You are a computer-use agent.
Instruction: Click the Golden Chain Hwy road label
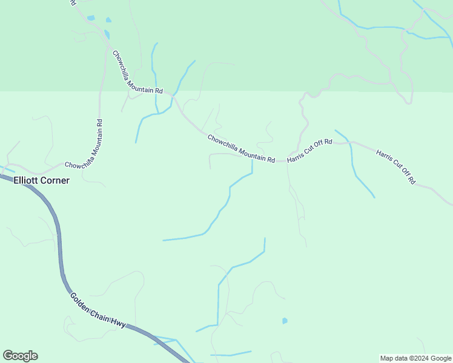[98, 310]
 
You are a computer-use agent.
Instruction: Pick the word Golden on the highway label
[80, 301]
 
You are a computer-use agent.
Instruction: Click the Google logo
[20, 356]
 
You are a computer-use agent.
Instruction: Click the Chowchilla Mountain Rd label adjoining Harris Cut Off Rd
[241, 148]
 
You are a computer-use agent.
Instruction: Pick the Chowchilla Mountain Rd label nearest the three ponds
[137, 71]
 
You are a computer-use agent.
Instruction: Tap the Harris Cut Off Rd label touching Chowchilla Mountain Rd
[309, 151]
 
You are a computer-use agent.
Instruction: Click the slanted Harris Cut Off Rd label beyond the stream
[395, 166]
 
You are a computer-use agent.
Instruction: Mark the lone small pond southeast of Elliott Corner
[285, 321]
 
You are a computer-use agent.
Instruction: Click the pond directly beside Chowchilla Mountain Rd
[107, 34]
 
